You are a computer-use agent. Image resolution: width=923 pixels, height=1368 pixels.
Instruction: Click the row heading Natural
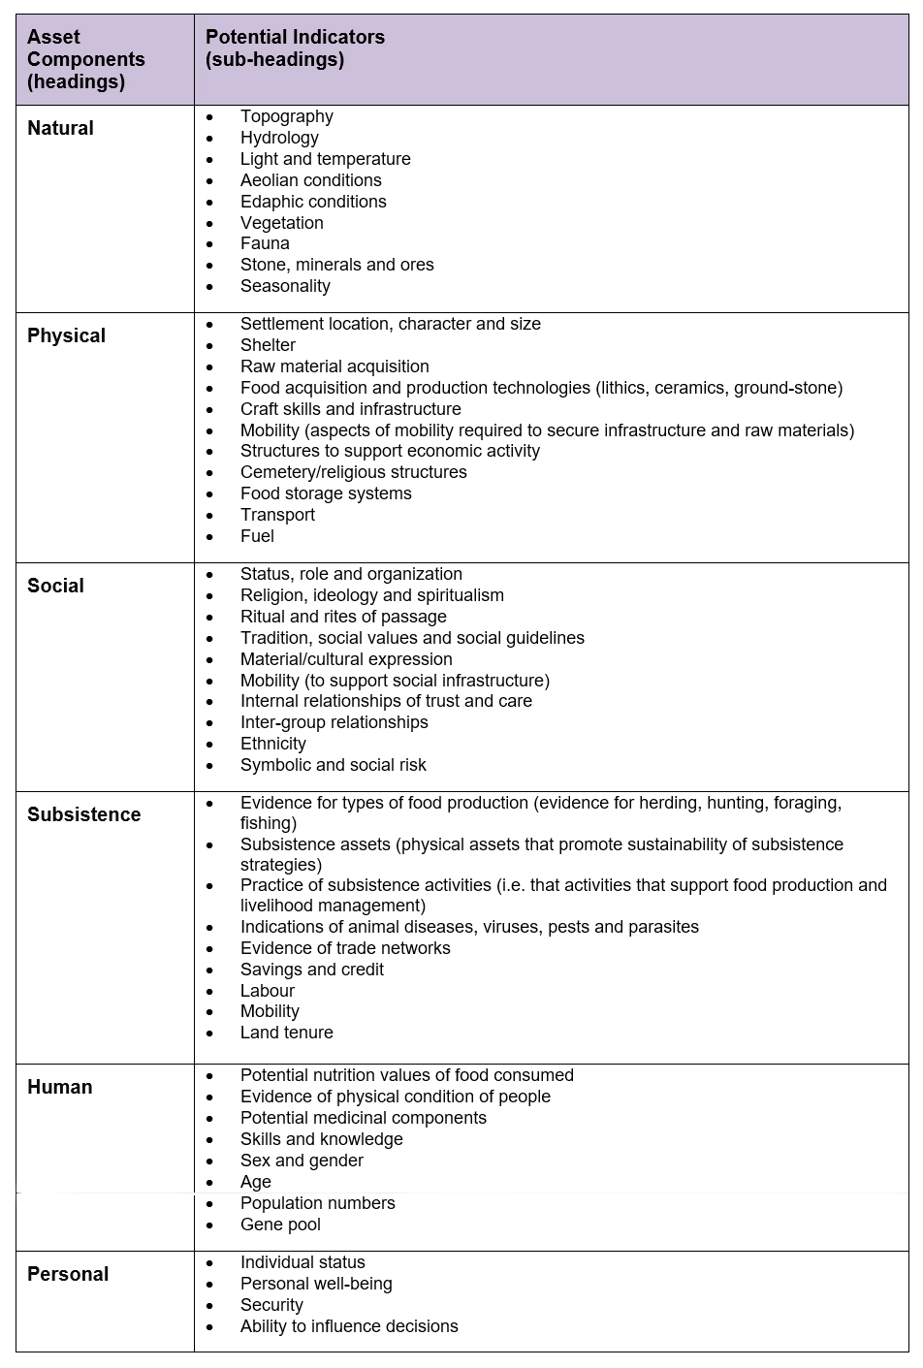tap(60, 128)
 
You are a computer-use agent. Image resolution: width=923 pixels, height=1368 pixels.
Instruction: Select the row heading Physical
tap(66, 335)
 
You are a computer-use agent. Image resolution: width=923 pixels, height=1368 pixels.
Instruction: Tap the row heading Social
tap(55, 586)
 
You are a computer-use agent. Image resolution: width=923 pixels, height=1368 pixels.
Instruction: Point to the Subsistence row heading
tap(83, 814)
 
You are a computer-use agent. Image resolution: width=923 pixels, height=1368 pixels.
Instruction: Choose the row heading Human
tap(59, 1087)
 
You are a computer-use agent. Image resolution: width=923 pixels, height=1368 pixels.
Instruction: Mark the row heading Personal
tap(68, 1274)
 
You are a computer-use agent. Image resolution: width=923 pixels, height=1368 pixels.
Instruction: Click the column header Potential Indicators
tap(295, 38)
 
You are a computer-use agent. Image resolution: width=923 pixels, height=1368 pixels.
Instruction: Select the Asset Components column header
tap(85, 59)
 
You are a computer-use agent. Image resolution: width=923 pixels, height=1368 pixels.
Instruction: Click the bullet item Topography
tap(286, 116)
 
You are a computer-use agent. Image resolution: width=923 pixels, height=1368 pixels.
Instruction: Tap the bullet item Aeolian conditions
tap(310, 180)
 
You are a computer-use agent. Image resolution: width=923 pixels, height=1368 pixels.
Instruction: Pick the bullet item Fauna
tap(265, 243)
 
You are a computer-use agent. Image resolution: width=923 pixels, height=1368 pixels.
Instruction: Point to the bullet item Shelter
tap(268, 345)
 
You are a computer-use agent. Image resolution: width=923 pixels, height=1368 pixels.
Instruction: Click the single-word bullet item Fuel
tap(257, 536)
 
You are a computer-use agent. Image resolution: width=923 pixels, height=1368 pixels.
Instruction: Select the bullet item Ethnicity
tap(272, 744)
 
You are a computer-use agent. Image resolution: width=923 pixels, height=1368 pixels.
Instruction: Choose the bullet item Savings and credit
tap(311, 970)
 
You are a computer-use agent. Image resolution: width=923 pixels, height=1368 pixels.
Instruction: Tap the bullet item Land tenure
tap(286, 1033)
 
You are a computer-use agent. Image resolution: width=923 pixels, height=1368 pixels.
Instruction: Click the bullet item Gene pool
tap(280, 1225)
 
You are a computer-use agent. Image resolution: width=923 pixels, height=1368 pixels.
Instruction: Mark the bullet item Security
tap(271, 1305)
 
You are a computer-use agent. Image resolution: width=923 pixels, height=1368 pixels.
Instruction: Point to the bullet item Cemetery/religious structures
tap(353, 472)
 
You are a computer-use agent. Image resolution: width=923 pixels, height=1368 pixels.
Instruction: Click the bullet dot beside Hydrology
tap(209, 139)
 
